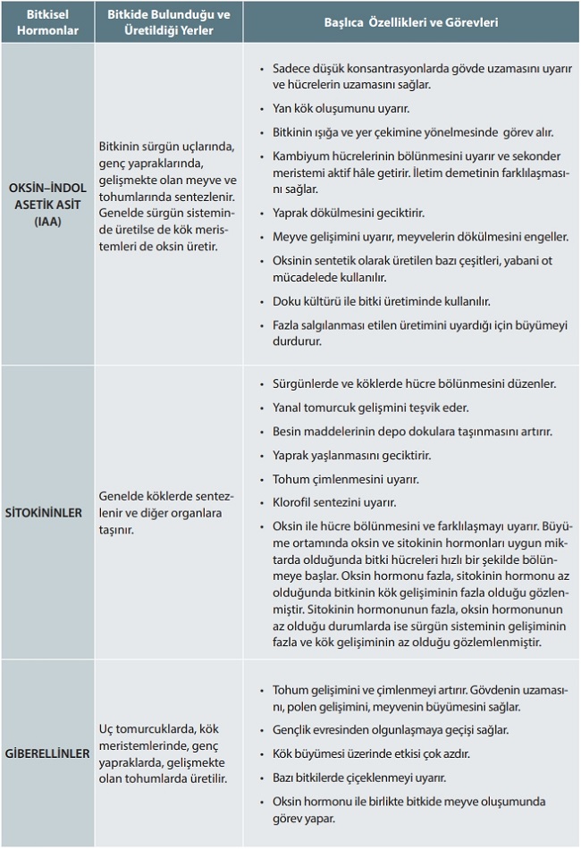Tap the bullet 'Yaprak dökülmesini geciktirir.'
(x=349, y=214)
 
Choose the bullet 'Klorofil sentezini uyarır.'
(x=334, y=502)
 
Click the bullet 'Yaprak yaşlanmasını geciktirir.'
(x=352, y=455)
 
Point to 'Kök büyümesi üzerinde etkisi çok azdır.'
(x=371, y=753)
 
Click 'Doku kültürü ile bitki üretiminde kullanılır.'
(x=381, y=301)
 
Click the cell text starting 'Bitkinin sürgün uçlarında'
(x=164, y=195)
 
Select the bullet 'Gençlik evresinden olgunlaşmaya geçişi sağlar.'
(x=392, y=729)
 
